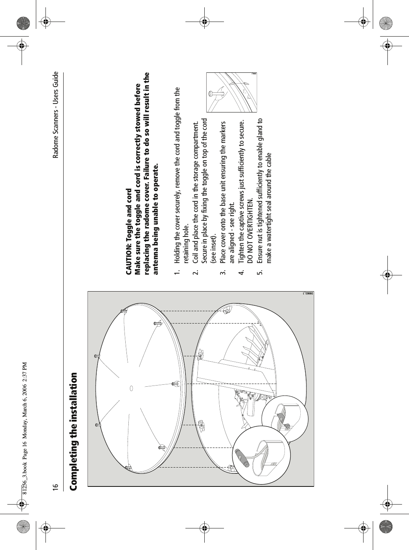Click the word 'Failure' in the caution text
146,158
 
